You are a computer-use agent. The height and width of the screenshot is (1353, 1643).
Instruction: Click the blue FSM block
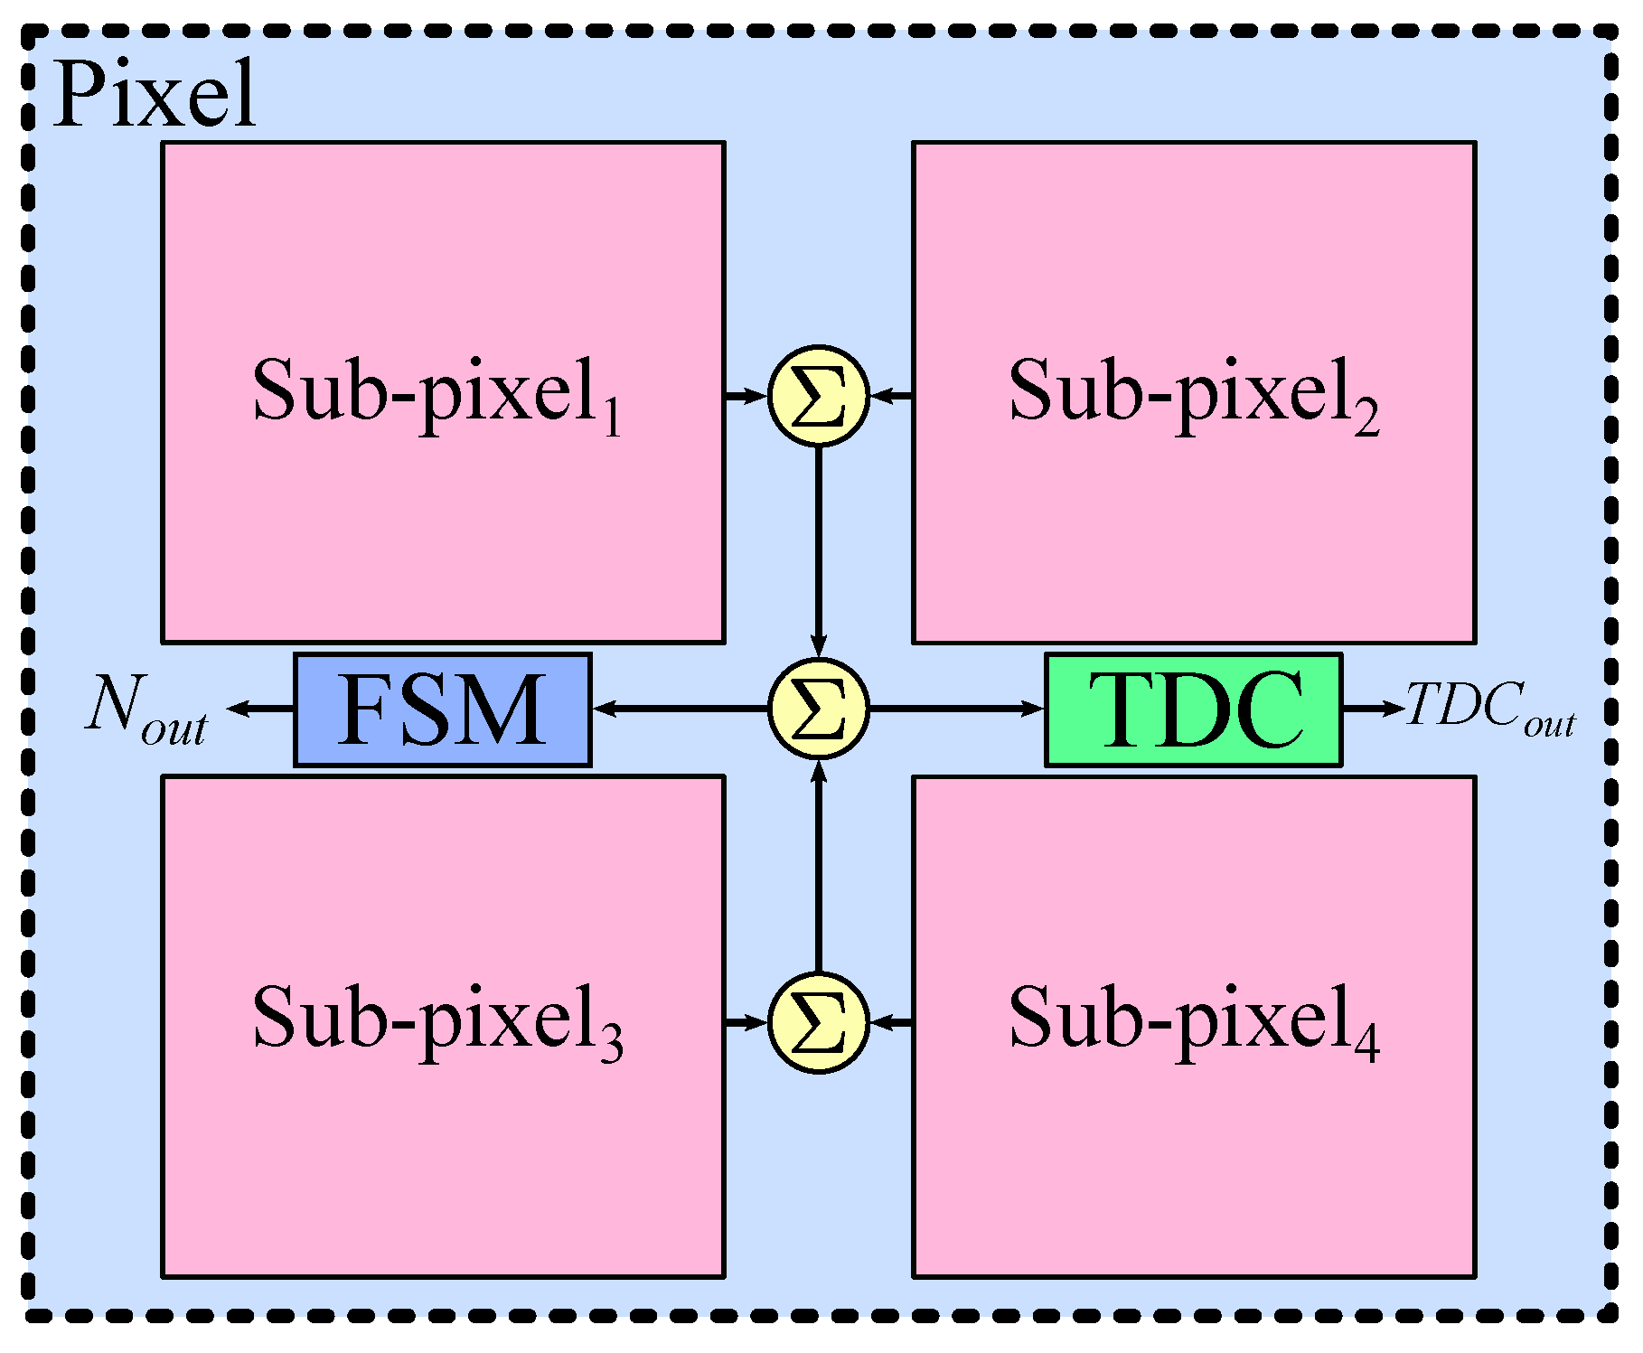click(x=442, y=709)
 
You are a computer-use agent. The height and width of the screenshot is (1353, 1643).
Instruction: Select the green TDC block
click(x=1193, y=709)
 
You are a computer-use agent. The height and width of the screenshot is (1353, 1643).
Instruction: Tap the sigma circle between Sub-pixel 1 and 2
click(x=818, y=396)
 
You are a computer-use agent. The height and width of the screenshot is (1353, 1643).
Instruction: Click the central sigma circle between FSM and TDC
click(x=818, y=709)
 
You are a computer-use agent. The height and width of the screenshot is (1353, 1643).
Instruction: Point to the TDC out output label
click(x=1489, y=709)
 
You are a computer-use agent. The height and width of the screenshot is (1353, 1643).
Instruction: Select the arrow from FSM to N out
click(x=260, y=709)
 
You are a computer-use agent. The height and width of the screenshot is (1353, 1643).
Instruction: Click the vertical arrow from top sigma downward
click(x=818, y=551)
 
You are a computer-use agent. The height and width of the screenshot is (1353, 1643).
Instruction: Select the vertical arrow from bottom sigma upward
click(x=818, y=868)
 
